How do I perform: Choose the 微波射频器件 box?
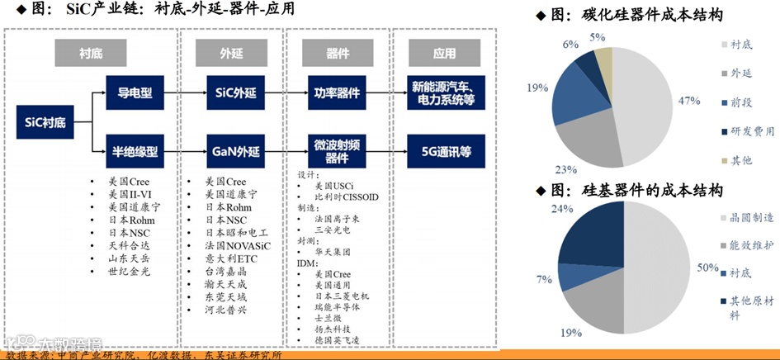[337, 151]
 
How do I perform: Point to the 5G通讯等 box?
[445, 152]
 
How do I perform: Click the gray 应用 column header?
[444, 54]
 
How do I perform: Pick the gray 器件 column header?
[337, 54]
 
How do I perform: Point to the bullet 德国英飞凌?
[335, 340]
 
